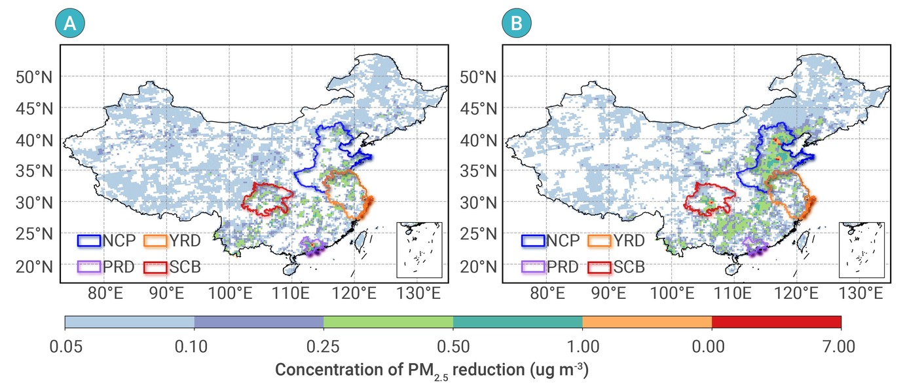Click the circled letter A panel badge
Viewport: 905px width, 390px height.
[70, 23]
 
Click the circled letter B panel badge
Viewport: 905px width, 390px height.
[516, 23]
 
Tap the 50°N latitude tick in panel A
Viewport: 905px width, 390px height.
[34, 77]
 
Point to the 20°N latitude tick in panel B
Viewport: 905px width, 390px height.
[478, 267]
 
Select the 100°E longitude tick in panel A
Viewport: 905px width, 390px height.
[230, 293]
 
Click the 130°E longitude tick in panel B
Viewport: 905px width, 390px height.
[860, 293]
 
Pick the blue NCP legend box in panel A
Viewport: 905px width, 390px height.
[89, 241]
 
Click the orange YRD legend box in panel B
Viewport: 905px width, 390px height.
[599, 241]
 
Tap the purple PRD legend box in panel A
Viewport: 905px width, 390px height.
[89, 267]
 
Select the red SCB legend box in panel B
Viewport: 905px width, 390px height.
[599, 267]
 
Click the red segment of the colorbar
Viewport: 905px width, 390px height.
[777, 322]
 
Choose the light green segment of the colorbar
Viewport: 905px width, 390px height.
[388, 322]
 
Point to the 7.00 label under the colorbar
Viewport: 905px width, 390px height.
[839, 347]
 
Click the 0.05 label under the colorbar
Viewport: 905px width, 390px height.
[66, 347]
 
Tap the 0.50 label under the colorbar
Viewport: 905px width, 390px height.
[453, 347]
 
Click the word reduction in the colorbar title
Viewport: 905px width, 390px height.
[489, 370]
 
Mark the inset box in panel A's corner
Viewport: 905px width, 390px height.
[419, 250]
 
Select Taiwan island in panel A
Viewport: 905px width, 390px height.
[361, 239]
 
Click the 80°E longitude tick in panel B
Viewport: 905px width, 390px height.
[547, 293]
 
